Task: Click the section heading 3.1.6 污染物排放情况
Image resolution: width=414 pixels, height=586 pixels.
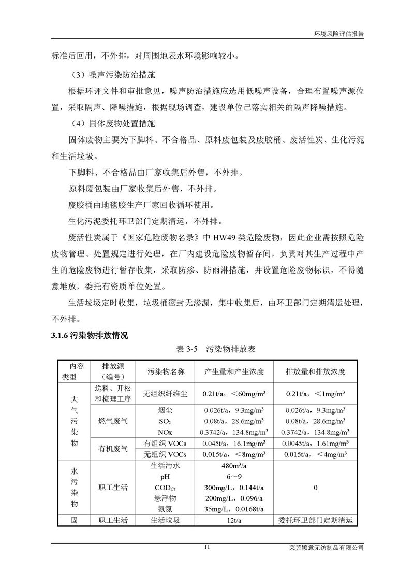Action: (90, 335)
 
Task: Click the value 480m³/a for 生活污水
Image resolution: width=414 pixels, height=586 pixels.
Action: (235, 466)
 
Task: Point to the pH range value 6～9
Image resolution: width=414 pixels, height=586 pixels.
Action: (235, 477)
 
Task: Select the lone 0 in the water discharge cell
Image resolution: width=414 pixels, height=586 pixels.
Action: (315, 488)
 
